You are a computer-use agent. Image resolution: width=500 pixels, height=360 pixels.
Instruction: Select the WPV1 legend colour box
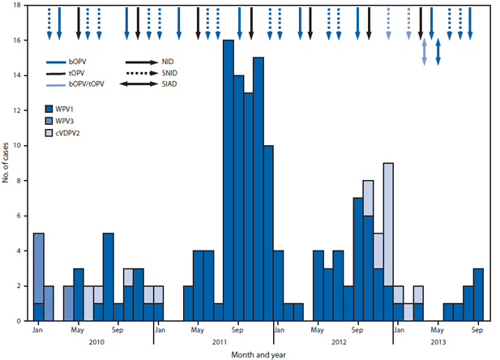pyautogui.click(x=51, y=109)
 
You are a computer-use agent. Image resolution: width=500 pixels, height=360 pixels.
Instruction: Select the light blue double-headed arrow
pyautogui.click(x=423, y=52)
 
